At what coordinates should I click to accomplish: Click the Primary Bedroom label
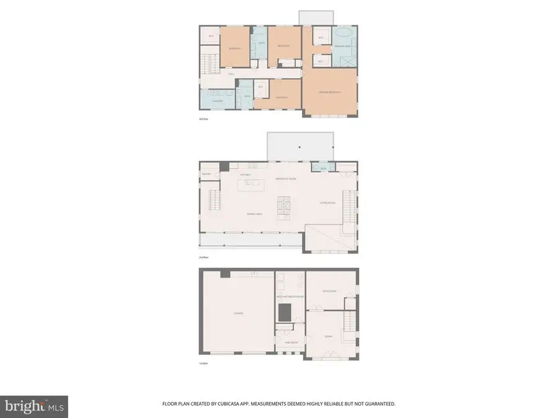point(330,92)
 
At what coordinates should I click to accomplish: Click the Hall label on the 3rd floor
point(231,74)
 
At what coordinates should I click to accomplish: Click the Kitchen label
point(245,175)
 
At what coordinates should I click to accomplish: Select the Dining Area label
point(255,214)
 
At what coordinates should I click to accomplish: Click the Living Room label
point(327,202)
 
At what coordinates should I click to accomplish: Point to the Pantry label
point(206,174)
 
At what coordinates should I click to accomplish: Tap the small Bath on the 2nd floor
point(323,167)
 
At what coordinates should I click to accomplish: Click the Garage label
point(238,313)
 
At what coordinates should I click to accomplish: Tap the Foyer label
point(328,337)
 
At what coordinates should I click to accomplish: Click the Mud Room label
point(289,342)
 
